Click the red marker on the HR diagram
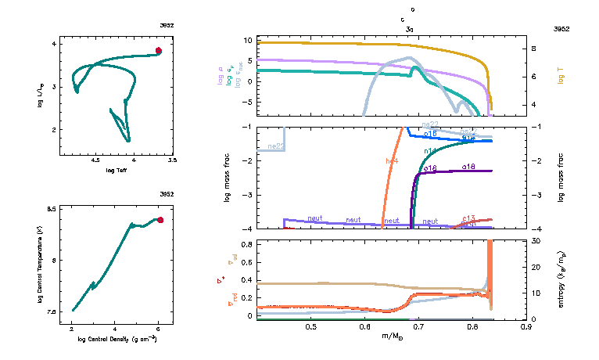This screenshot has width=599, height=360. (x=158, y=50)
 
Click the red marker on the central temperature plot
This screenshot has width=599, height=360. (x=160, y=220)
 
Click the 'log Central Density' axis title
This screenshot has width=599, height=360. (x=118, y=339)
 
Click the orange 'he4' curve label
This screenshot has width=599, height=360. (x=392, y=160)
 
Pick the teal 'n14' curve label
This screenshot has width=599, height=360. (x=429, y=150)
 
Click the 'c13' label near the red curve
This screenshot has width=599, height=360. (x=469, y=218)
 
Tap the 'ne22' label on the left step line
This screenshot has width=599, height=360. (x=275, y=146)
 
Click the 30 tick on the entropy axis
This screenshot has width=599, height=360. (x=535, y=240)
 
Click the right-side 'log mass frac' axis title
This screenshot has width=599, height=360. (x=562, y=178)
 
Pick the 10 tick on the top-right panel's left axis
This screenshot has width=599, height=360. (x=247, y=39)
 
